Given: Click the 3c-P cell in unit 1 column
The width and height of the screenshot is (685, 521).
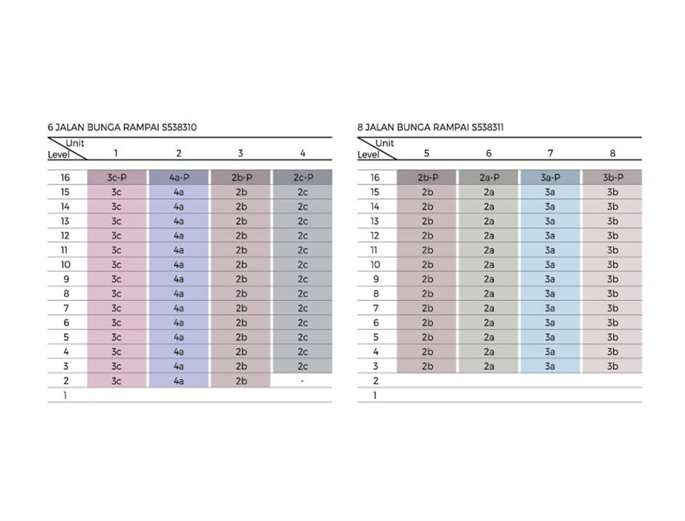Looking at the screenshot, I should pyautogui.click(x=116, y=177).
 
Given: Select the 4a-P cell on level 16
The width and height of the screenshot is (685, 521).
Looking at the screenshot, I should pyautogui.click(x=179, y=177).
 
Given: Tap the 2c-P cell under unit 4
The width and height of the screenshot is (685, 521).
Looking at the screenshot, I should pyautogui.click(x=303, y=177).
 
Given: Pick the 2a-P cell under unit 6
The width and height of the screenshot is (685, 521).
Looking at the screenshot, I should pyautogui.click(x=489, y=177).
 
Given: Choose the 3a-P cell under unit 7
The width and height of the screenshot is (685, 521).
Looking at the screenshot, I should pyautogui.click(x=550, y=177).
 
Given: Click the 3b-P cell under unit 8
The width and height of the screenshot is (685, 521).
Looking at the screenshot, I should pyautogui.click(x=612, y=177).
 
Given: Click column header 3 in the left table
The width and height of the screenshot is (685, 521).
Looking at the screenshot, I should pyautogui.click(x=240, y=153).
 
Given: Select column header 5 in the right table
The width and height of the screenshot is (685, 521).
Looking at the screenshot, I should pyautogui.click(x=426, y=153).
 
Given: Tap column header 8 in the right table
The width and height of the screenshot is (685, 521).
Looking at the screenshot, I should pyautogui.click(x=612, y=153).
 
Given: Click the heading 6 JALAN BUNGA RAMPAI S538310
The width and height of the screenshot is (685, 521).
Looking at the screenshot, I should pyautogui.click(x=122, y=127).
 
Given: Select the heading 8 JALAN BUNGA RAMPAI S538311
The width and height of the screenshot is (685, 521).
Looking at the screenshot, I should pyautogui.click(x=431, y=127).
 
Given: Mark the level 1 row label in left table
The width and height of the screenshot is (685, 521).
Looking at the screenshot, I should pyautogui.click(x=65, y=395).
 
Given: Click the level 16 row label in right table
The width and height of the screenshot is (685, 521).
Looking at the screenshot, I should pyautogui.click(x=375, y=177).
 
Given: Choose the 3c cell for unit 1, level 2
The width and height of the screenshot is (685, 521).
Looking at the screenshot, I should pyautogui.click(x=116, y=381).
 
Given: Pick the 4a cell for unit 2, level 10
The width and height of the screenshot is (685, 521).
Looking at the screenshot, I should pyautogui.click(x=179, y=264).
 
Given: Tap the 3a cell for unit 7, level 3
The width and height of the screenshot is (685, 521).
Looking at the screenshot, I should pyautogui.click(x=550, y=366).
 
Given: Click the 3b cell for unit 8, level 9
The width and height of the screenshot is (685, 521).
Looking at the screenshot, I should pyautogui.click(x=612, y=279).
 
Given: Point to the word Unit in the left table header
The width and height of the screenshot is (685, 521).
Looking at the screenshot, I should pyautogui.click(x=75, y=143).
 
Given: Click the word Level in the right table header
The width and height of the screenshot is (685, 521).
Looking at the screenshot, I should pyautogui.click(x=368, y=154).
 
